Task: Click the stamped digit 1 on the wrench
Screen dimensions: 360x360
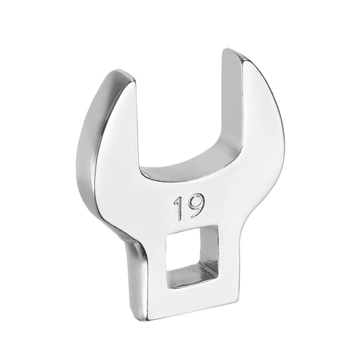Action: point(179,208)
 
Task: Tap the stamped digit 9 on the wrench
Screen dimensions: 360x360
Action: point(196,205)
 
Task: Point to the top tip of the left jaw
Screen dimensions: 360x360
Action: point(122,76)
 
